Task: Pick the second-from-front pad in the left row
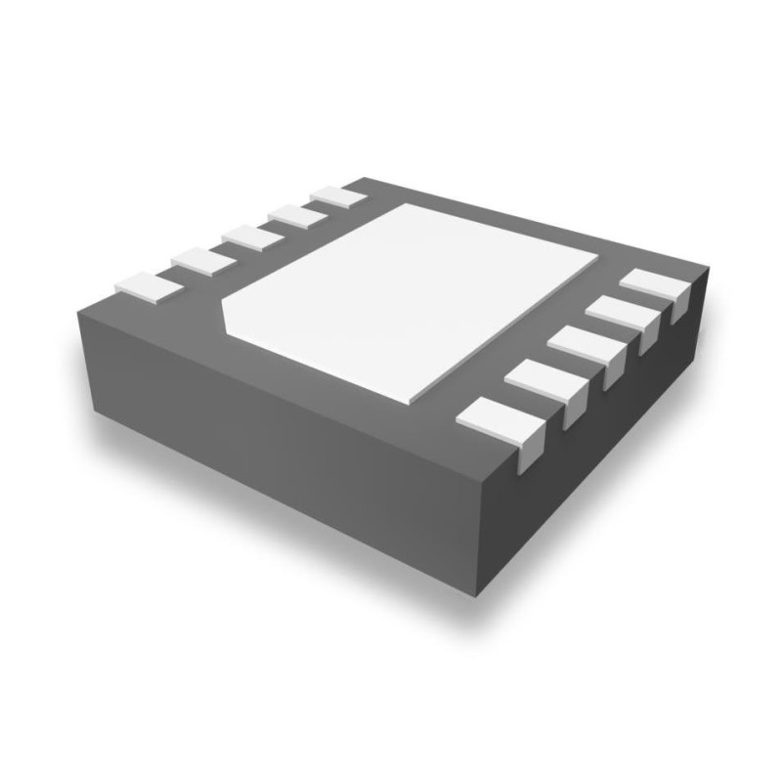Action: (x=203, y=259)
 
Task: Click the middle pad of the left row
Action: (x=250, y=236)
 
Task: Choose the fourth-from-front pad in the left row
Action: (x=294, y=215)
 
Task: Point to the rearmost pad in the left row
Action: (x=337, y=196)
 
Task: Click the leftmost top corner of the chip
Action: (x=78, y=305)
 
